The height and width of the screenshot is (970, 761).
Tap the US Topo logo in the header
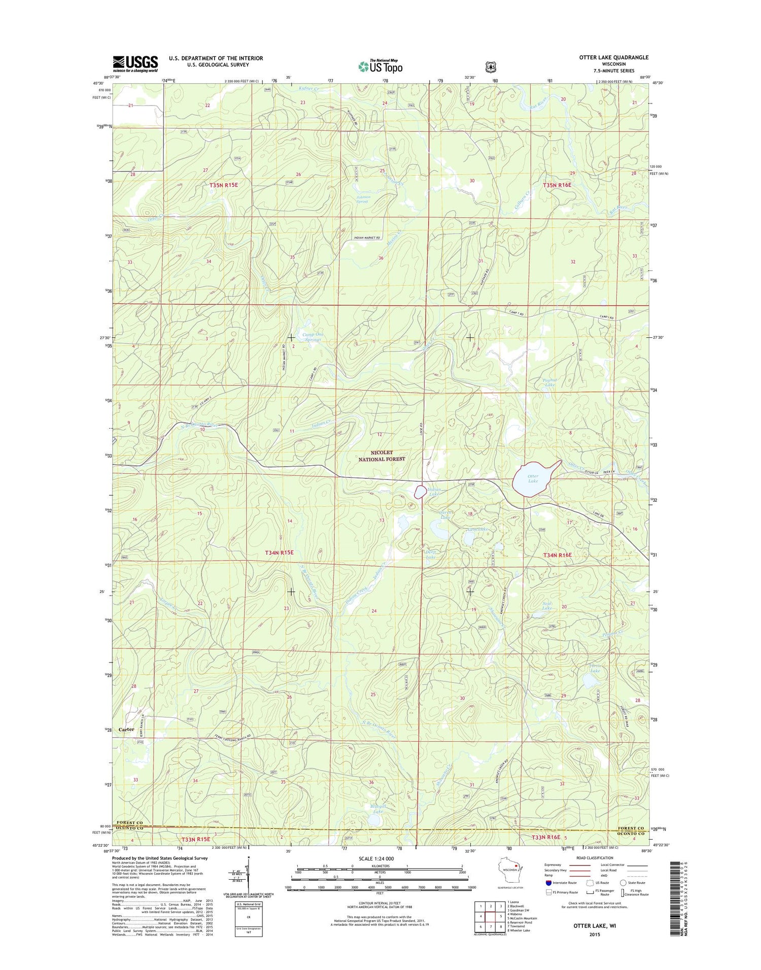pos(380,66)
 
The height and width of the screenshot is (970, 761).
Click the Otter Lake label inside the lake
pos(533,478)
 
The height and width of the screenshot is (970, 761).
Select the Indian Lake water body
pos(420,492)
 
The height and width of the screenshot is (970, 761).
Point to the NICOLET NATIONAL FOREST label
pos(382,456)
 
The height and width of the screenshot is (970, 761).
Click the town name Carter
pos(126,730)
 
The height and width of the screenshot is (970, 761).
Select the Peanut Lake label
pos(549,382)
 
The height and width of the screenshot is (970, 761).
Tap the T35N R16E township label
pos(557,185)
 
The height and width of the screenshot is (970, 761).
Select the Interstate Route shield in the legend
pos(549,882)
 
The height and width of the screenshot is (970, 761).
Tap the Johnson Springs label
pos(363,199)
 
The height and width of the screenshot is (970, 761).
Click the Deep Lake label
pos(430,554)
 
